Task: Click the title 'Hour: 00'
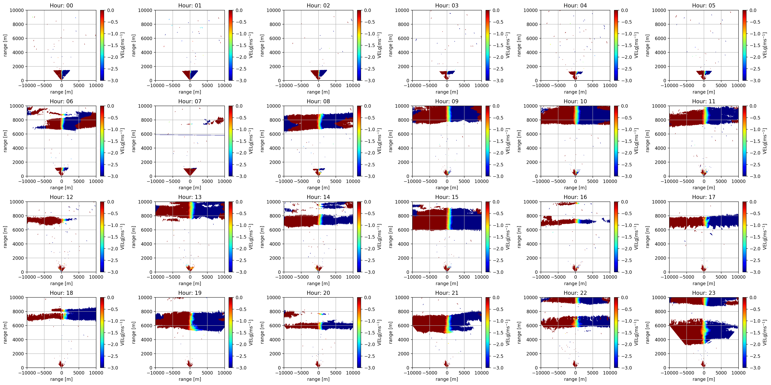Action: [x=61, y=5]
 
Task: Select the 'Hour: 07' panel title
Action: [x=190, y=101]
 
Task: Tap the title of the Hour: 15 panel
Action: [x=447, y=197]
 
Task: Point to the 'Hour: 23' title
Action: [x=704, y=293]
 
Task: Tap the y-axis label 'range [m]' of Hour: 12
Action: [x=5, y=237]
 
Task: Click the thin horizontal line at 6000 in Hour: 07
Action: [x=190, y=135]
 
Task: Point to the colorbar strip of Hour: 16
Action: [x=616, y=237]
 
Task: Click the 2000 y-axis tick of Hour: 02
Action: [x=274, y=66]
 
